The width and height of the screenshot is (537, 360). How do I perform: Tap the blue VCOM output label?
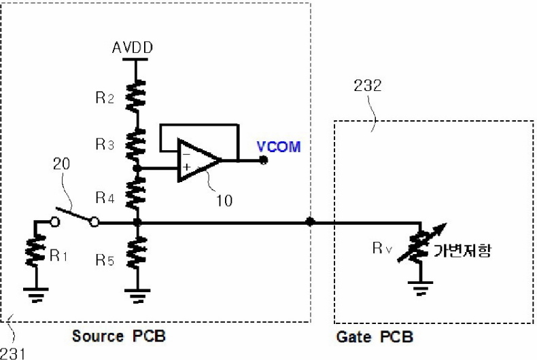coord(279,147)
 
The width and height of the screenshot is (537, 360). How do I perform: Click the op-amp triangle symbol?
coord(197,161)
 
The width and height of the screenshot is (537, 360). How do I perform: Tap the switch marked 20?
coord(75,214)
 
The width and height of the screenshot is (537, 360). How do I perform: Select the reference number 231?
coord(14,353)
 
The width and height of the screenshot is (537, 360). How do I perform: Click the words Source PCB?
coord(119,337)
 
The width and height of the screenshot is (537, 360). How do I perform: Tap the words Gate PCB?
coord(375,338)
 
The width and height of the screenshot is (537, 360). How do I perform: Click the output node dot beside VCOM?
coord(264,161)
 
